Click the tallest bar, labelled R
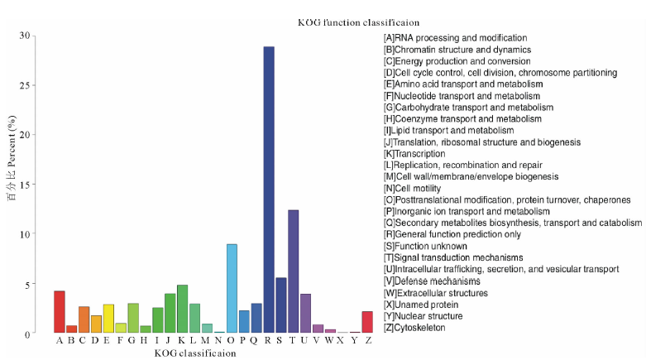coord(269,190)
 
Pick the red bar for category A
coord(60,312)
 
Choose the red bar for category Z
coord(367,322)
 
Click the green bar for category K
coord(182,309)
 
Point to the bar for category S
coord(280,305)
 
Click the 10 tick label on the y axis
coord(24,234)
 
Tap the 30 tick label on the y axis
coord(24,36)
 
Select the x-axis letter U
coord(305,340)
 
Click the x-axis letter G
coord(132,340)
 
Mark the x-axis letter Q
coord(256,340)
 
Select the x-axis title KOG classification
coord(195,353)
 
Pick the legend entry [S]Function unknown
coord(426,247)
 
